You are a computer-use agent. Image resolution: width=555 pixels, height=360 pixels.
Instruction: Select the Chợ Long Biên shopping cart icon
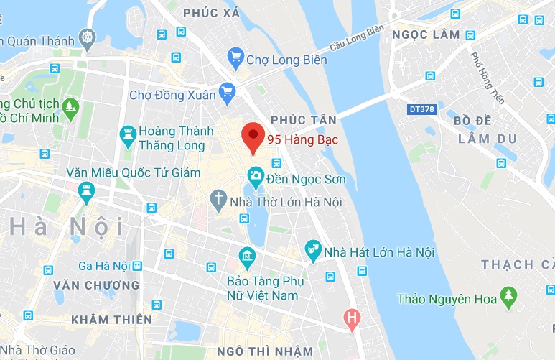click(x=235, y=57)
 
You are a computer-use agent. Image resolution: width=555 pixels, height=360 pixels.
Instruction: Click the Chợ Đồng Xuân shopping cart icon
click(x=228, y=91)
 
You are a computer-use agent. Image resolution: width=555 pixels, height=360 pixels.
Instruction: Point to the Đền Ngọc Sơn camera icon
click(x=255, y=175)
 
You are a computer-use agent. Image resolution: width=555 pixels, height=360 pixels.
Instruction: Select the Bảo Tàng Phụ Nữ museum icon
click(x=247, y=256)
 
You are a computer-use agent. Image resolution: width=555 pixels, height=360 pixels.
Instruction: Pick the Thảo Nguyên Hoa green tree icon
click(x=508, y=295)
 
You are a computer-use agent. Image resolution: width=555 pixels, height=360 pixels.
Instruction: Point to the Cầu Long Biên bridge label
click(x=355, y=40)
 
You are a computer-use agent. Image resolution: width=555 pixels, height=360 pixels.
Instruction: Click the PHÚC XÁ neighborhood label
click(x=210, y=13)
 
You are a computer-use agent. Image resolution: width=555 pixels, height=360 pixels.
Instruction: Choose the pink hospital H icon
click(x=351, y=316)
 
